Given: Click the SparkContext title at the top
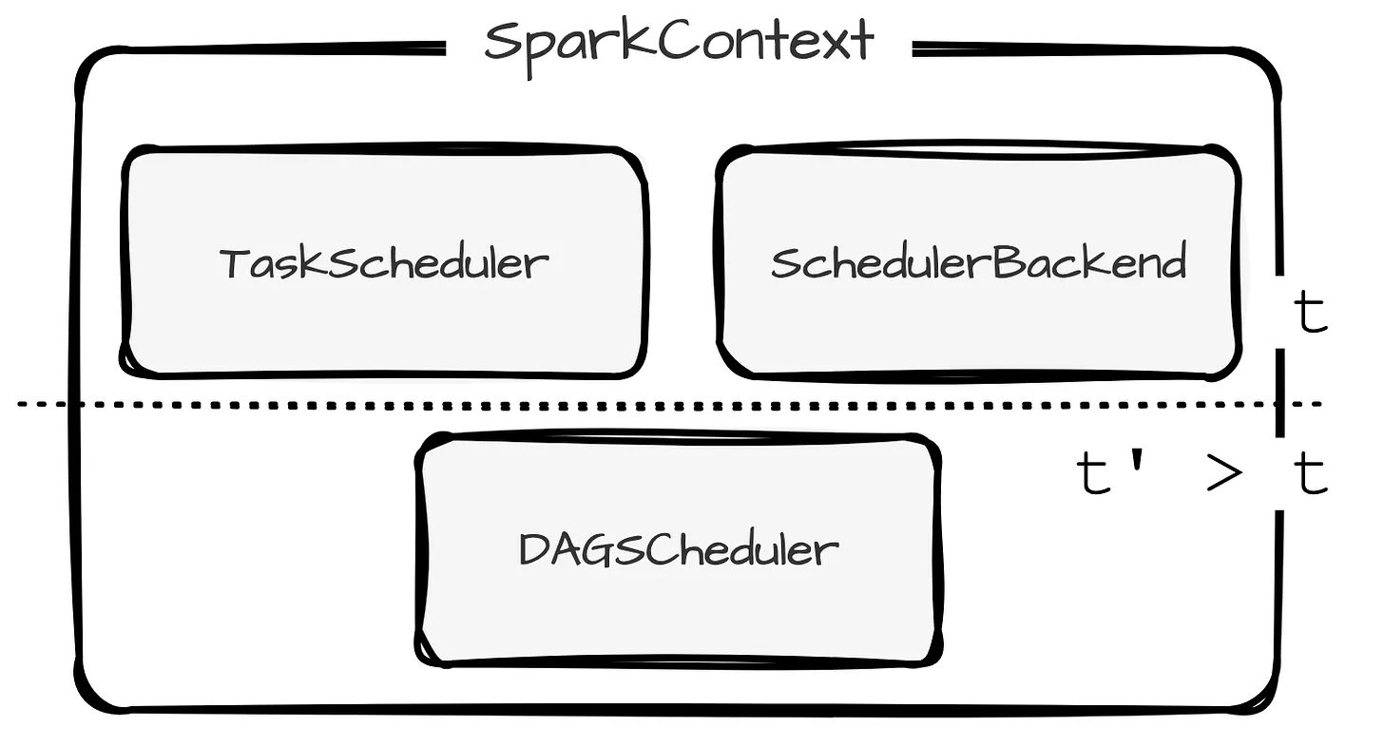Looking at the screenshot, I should tap(679, 43).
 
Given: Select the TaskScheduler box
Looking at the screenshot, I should tap(385, 261).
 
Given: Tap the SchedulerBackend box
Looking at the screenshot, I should tap(978, 261).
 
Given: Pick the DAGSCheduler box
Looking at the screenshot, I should tap(679, 548).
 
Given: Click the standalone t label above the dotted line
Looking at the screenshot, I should tap(1311, 314).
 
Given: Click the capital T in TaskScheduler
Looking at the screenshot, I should tap(234, 262).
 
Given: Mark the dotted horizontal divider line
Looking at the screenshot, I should tap(665, 405).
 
